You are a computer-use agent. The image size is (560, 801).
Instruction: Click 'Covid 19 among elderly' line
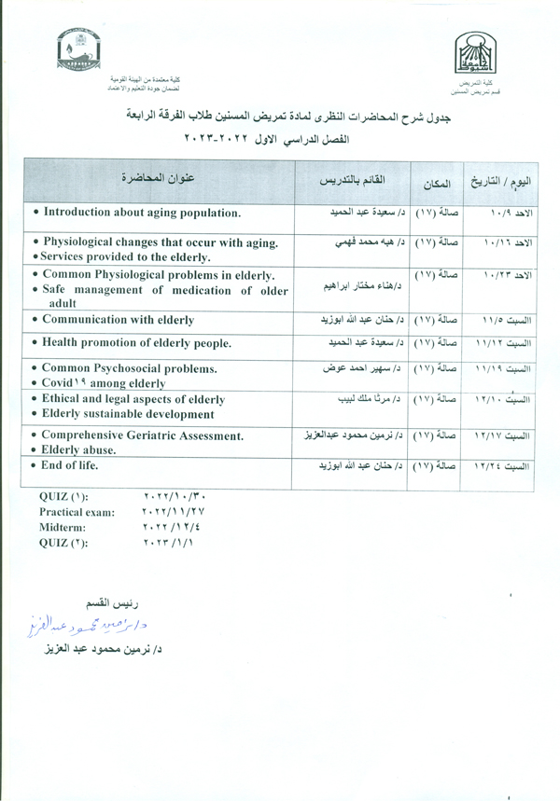pos(102,383)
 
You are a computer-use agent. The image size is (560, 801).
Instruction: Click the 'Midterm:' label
pos(63,527)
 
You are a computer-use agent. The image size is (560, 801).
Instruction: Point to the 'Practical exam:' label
pos(77,512)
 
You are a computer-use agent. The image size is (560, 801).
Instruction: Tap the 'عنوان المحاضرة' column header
pos(159,178)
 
